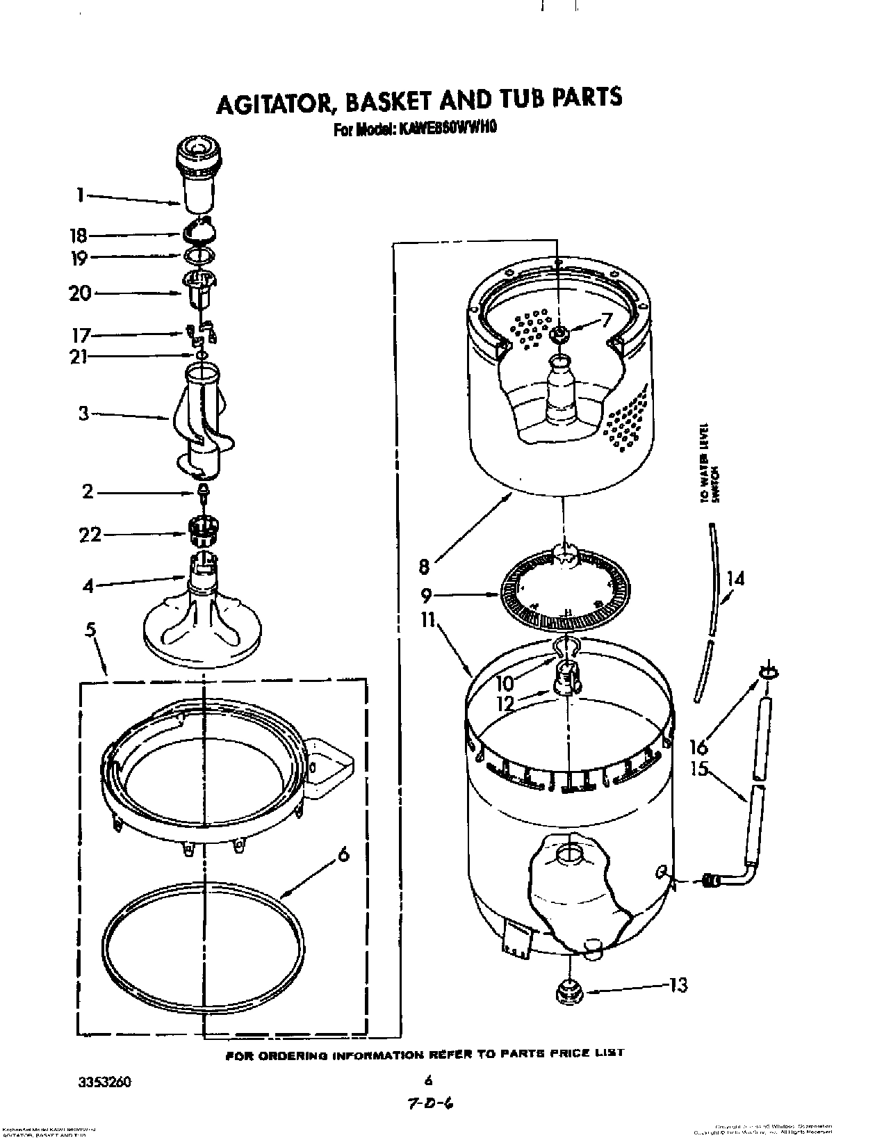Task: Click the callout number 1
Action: [81, 196]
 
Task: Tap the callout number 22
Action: [91, 534]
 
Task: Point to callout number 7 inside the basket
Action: [606, 321]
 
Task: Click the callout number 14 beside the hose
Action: [735, 578]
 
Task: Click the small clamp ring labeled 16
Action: [769, 672]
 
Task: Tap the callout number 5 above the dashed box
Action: [92, 631]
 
